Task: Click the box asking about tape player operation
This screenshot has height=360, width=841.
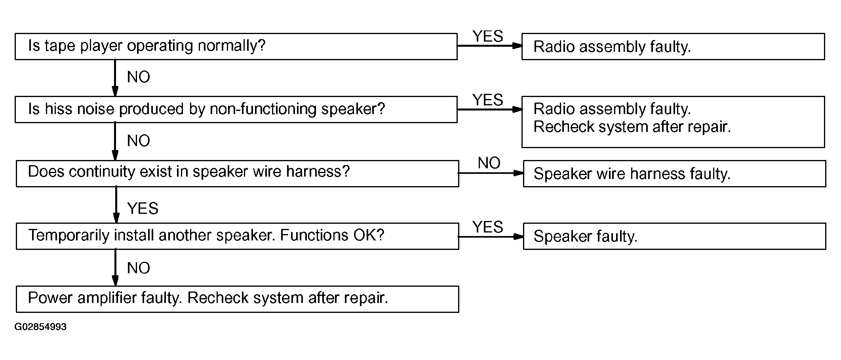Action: [236, 46]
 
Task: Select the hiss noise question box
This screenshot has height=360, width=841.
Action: [236, 109]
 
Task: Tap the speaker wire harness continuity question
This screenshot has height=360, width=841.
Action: [238, 173]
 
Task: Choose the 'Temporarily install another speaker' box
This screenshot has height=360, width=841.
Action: [238, 236]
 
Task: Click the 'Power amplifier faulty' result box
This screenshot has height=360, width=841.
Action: [238, 299]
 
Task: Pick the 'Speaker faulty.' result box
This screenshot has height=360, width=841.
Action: [675, 236]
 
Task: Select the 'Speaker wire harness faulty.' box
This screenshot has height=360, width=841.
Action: [675, 173]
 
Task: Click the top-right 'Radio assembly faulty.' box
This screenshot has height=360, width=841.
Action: [673, 46]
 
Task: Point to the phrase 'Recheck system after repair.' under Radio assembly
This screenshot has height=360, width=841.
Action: [632, 127]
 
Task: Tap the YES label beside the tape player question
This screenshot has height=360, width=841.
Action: [488, 36]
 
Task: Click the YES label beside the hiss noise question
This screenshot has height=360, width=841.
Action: [488, 100]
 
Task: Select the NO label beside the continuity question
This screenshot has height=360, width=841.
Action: [489, 163]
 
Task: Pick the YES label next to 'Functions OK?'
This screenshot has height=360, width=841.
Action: [488, 227]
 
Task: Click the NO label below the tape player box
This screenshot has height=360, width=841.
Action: [139, 77]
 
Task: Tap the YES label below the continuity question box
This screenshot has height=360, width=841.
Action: [143, 208]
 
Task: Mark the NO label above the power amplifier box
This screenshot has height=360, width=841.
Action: [139, 268]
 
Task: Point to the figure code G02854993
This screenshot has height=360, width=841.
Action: [40, 327]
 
